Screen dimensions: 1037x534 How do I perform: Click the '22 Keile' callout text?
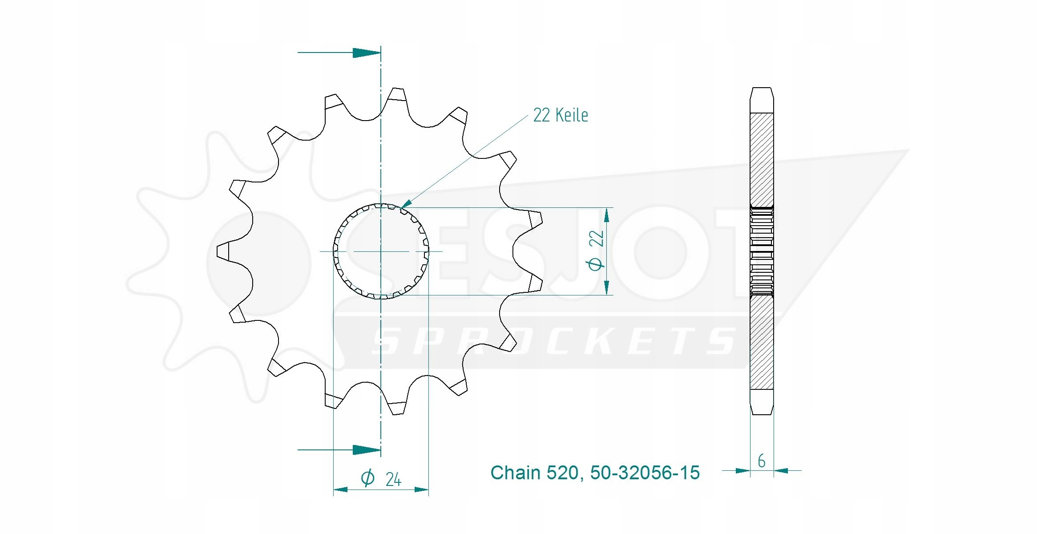pyautogui.click(x=561, y=115)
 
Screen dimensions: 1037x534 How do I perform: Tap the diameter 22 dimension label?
pyautogui.click(x=596, y=250)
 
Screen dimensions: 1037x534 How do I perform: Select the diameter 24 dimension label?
pyautogui.click(x=381, y=478)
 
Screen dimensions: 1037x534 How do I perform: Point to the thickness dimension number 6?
pyautogui.click(x=762, y=461)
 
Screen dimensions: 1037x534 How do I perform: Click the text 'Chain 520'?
pyautogui.click(x=534, y=473)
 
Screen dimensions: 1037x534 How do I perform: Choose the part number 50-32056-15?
pyautogui.click(x=645, y=473)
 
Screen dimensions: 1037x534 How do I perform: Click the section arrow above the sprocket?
pyautogui.click(x=339, y=53)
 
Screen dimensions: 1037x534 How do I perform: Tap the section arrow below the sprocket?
pyautogui.click(x=339, y=449)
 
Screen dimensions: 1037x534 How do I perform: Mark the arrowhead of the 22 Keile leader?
pyautogui.click(x=405, y=204)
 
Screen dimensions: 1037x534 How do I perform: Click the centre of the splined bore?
pyautogui.click(x=381, y=251)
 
